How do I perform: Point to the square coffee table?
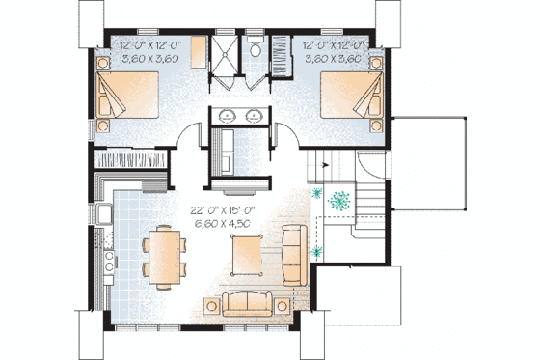[x=246, y=253]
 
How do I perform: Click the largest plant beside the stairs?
[x=339, y=204]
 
